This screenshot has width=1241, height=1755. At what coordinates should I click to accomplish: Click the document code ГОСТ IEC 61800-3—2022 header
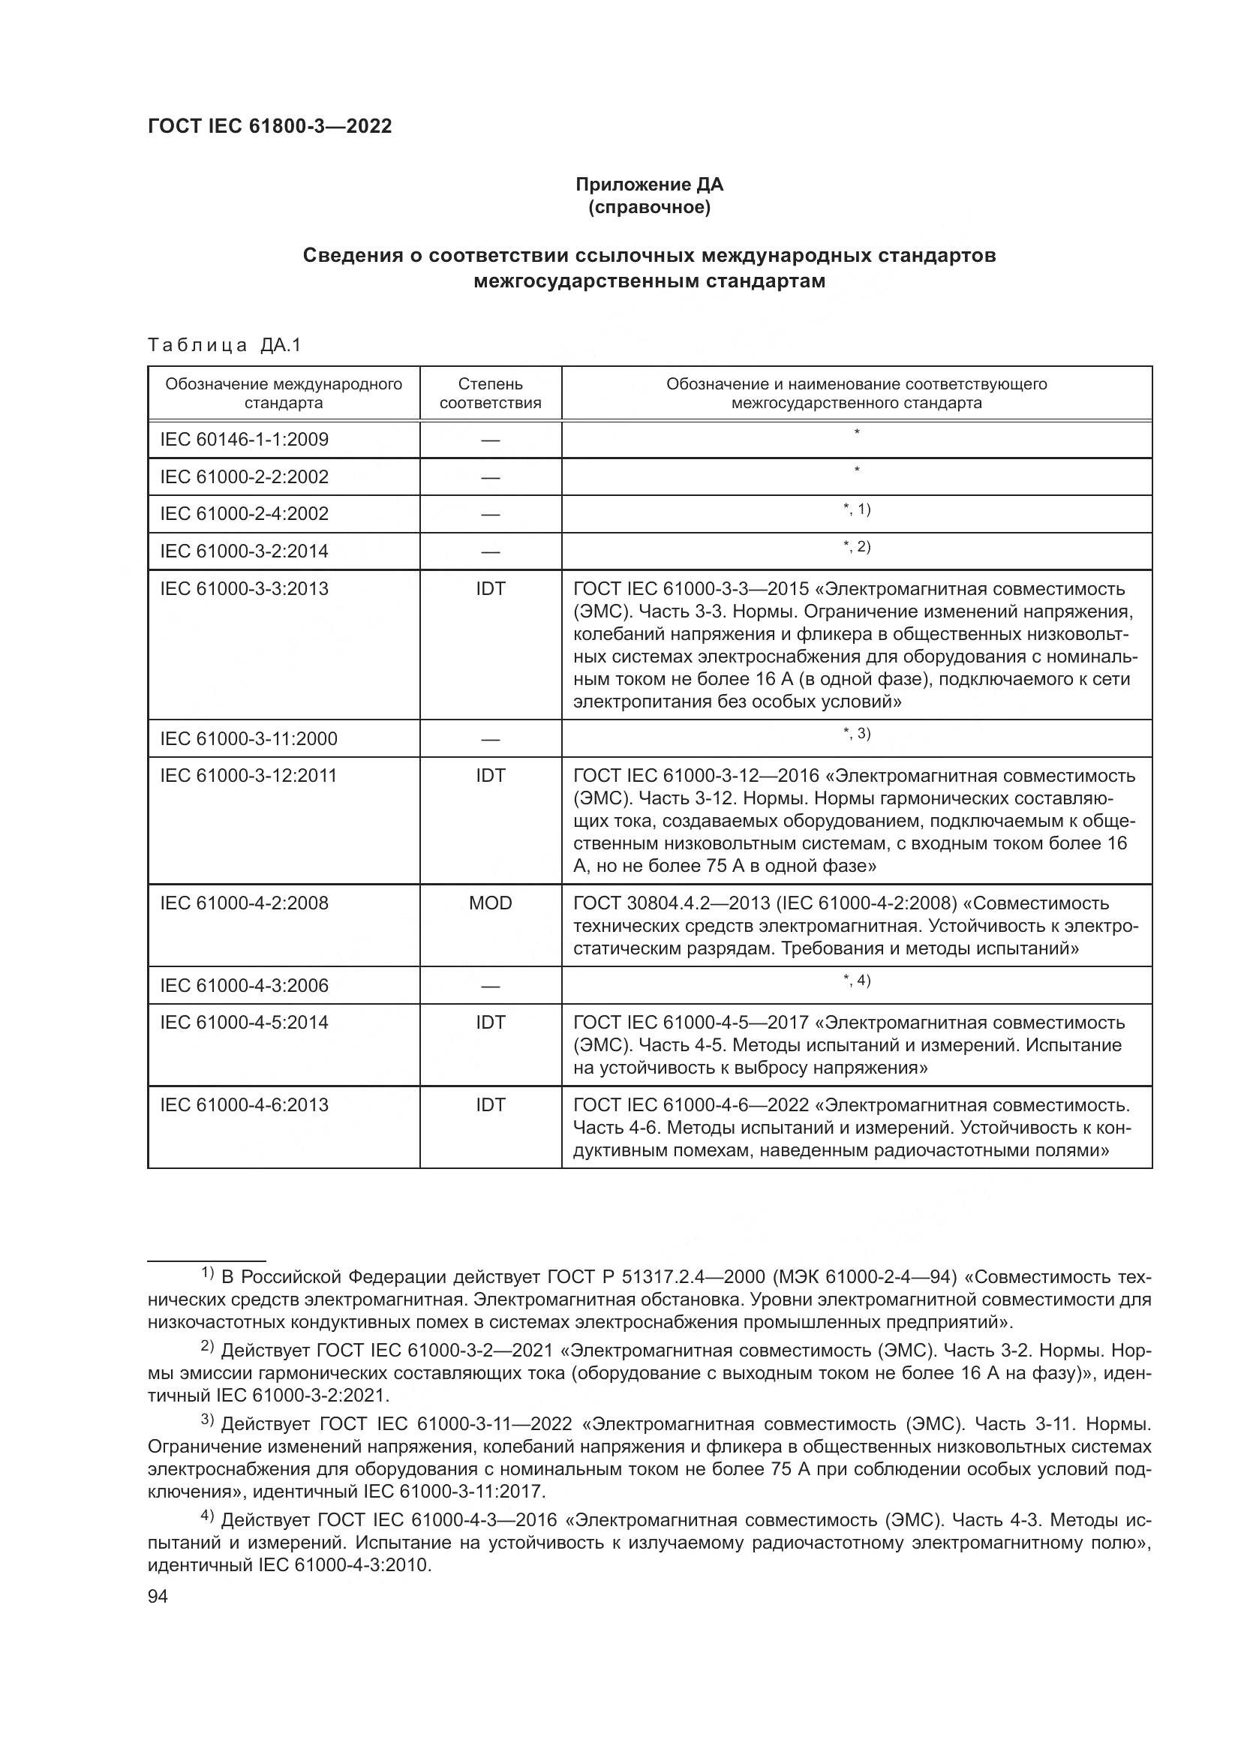pyautogui.click(x=270, y=127)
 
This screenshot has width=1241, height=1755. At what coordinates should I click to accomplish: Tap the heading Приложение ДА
pyautogui.click(x=649, y=185)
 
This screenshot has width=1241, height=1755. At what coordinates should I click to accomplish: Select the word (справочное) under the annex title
pyautogui.click(x=649, y=207)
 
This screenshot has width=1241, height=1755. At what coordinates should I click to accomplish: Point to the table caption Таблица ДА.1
pyautogui.click(x=224, y=345)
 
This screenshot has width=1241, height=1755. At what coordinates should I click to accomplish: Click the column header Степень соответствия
pyautogui.click(x=490, y=393)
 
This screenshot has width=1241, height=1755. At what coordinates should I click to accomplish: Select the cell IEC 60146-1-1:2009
pyautogui.click(x=244, y=440)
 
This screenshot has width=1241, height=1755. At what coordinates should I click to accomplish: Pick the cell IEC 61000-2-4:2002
pyautogui.click(x=244, y=514)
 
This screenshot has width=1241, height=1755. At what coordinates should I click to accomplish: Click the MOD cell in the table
pyautogui.click(x=490, y=903)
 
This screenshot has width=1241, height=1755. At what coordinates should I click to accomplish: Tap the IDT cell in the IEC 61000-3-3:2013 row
pyautogui.click(x=490, y=588)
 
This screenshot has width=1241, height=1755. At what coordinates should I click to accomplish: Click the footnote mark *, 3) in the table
pyautogui.click(x=857, y=734)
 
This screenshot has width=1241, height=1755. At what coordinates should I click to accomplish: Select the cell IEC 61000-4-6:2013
pyautogui.click(x=244, y=1104)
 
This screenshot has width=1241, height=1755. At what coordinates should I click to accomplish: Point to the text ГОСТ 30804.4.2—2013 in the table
pyautogui.click(x=672, y=903)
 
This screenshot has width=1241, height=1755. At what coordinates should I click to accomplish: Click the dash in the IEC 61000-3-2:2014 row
pyautogui.click(x=490, y=552)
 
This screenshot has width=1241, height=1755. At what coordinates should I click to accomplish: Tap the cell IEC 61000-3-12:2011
pyautogui.click(x=248, y=776)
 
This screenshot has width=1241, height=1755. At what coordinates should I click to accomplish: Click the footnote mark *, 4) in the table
pyautogui.click(x=857, y=981)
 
